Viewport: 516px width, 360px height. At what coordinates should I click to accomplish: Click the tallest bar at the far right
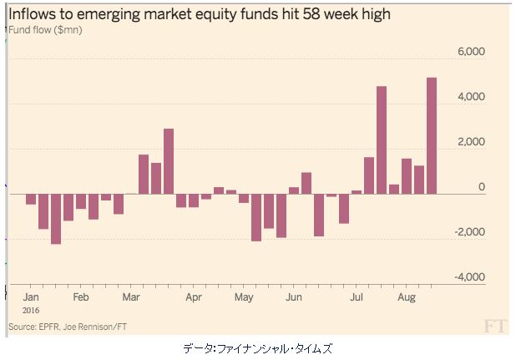(432, 135)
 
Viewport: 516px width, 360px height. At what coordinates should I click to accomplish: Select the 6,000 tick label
(471, 52)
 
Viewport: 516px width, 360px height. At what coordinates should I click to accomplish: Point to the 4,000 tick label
(471, 97)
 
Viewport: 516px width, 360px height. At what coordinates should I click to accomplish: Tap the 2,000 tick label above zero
(471, 142)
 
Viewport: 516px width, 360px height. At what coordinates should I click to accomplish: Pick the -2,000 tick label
(469, 231)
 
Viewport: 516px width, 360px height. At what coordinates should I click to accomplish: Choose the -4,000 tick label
(469, 276)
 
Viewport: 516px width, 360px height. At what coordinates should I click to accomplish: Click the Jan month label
(31, 297)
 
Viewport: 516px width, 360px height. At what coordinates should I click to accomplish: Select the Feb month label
(81, 297)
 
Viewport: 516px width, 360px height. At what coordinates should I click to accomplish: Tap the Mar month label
(131, 297)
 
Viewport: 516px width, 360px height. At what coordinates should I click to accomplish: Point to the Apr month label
(194, 297)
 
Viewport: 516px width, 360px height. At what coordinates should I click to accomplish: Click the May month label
(244, 297)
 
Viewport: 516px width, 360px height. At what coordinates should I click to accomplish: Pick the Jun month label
(294, 297)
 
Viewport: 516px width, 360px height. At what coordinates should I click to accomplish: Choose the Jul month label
(357, 297)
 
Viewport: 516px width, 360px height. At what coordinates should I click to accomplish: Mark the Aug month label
(407, 297)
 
